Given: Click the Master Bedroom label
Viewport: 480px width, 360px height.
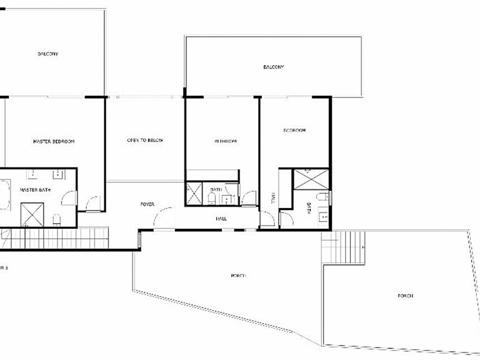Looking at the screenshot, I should pos(54,142).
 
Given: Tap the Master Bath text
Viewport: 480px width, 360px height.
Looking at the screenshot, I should pos(31,189).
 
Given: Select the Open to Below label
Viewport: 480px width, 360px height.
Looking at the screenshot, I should pos(145,141).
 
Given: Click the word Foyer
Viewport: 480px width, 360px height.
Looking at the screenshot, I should pos(147,204).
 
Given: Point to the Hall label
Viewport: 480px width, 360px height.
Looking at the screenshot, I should pos(221,219).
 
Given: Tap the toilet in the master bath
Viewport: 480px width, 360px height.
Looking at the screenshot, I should pos(56,219).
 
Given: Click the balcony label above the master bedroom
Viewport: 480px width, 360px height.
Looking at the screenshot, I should pos(47,54).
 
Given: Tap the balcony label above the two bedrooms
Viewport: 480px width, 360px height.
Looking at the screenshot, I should pos(274,67).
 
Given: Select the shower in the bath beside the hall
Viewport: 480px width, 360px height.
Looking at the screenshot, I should pos(194,191).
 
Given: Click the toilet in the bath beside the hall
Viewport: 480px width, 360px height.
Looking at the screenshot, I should pos(211,199).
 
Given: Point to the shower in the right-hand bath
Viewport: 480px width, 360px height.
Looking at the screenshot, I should pos(311,178).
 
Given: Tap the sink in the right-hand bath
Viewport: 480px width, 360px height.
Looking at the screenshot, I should pos(323,217).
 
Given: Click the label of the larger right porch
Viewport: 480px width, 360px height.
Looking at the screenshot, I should pos(404,296).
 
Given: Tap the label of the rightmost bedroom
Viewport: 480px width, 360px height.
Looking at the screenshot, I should pos(294,131).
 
